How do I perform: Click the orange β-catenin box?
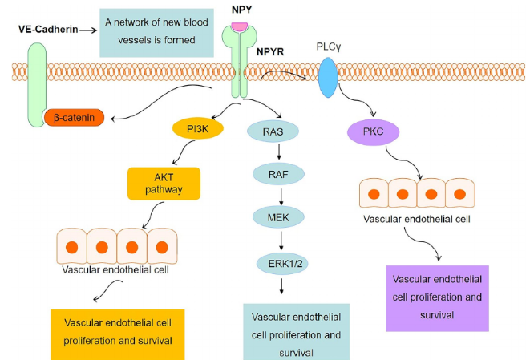(x=75, y=118)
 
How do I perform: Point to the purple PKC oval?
(x=374, y=131)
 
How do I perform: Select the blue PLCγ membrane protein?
(x=328, y=80)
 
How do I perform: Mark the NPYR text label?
(x=275, y=54)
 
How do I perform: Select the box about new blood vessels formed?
(x=157, y=32)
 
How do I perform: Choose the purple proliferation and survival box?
(x=438, y=297)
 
